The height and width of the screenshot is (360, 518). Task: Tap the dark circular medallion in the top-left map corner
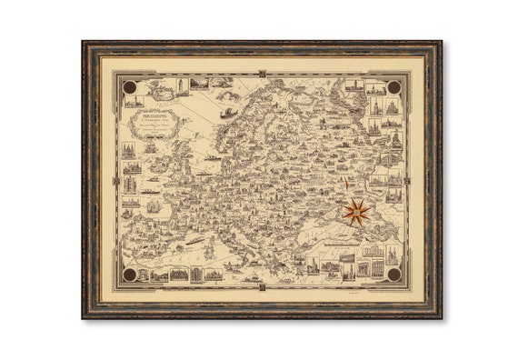[x=129, y=87]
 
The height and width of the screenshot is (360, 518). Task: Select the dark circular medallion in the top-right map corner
[x=393, y=87]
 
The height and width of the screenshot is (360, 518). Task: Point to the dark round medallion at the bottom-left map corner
[x=129, y=274]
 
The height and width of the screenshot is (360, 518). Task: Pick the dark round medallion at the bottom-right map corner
[x=393, y=274]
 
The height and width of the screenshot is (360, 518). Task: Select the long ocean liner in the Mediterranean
[x=195, y=241]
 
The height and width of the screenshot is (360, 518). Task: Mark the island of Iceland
[x=162, y=88]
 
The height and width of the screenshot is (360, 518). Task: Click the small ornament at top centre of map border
[x=262, y=74]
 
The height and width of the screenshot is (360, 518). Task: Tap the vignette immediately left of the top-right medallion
[x=374, y=88]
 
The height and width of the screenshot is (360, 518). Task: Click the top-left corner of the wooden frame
[x=85, y=43]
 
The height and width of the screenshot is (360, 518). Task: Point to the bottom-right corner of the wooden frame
[x=440, y=316]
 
